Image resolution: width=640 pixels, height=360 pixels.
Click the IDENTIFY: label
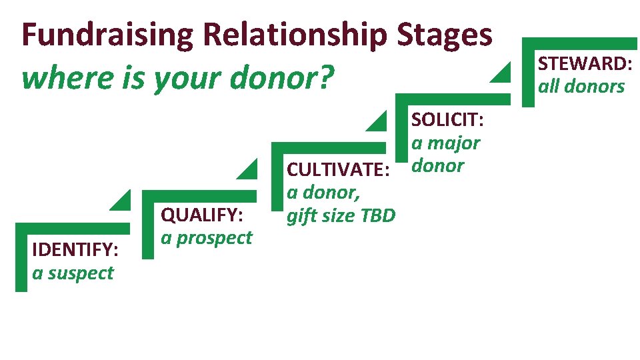click(75, 250)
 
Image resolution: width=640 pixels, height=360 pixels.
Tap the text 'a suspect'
click(73, 273)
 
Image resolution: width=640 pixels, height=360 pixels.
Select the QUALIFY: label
click(202, 215)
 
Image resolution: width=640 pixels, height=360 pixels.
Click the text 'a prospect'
click(207, 238)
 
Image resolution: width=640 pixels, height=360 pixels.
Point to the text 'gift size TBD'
click(340, 216)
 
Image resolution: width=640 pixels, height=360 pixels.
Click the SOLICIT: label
click(447, 120)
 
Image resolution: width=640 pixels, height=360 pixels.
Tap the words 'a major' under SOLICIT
click(445, 143)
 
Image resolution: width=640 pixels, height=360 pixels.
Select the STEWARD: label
click(585, 64)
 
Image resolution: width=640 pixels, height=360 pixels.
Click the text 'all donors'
click(581, 87)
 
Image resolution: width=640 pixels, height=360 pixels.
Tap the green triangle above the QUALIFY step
click(249, 170)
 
